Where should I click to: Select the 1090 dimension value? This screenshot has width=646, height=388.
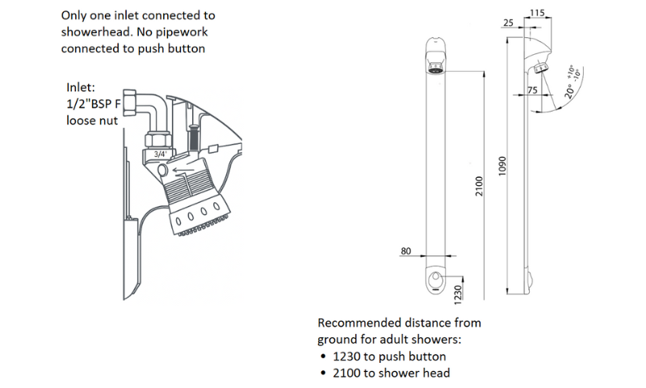[502, 167]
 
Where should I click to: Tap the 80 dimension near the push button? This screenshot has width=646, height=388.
[406, 251]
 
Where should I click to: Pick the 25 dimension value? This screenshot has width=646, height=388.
[508, 23]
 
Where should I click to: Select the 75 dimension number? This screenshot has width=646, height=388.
[532, 91]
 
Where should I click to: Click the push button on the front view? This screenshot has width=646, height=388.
[437, 280]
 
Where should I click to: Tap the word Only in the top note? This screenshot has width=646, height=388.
[75, 15]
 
